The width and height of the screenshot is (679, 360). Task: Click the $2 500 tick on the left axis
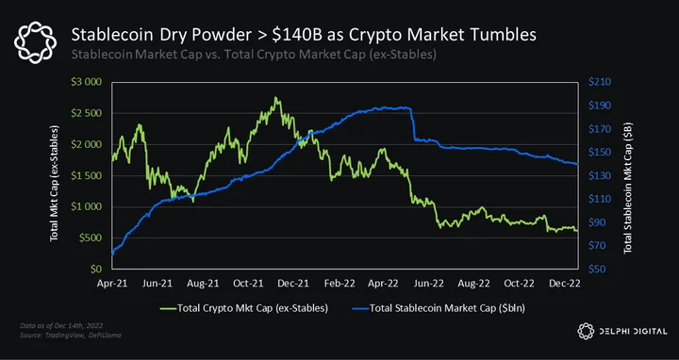(x=86, y=113)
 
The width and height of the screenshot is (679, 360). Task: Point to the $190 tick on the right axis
(x=600, y=106)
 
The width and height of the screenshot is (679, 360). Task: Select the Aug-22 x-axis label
(x=473, y=284)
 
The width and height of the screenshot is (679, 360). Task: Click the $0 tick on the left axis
(x=95, y=270)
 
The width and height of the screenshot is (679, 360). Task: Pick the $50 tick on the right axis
(x=597, y=270)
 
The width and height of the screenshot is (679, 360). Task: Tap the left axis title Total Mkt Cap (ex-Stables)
(x=54, y=184)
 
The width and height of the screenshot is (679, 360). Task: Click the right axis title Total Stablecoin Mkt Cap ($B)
(x=627, y=188)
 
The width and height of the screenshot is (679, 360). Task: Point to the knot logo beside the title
(x=35, y=42)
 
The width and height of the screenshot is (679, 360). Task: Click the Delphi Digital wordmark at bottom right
(x=633, y=332)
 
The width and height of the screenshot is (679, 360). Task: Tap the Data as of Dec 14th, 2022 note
(x=61, y=325)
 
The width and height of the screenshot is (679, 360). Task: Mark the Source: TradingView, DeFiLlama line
(x=71, y=335)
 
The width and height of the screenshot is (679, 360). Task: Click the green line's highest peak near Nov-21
(x=275, y=97)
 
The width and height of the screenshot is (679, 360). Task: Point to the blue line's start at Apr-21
(x=112, y=254)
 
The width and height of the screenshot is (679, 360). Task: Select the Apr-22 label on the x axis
(x=383, y=284)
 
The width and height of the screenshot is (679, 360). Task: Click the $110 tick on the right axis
(x=600, y=199)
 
